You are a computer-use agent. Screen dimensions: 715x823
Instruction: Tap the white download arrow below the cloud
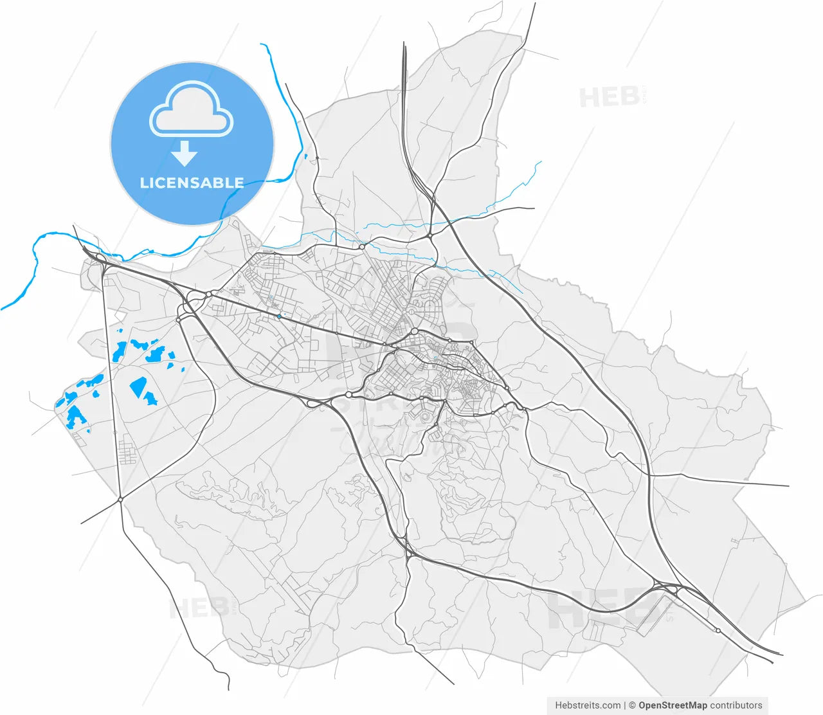[x=185, y=154]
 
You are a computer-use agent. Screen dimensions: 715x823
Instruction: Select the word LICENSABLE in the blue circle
[x=192, y=183]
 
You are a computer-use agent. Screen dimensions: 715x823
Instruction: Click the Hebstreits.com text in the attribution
[x=588, y=705]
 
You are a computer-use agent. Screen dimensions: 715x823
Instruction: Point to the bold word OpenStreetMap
[x=672, y=705]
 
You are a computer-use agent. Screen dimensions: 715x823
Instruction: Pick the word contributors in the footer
[x=736, y=705]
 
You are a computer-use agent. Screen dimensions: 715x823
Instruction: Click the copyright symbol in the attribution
[x=632, y=705]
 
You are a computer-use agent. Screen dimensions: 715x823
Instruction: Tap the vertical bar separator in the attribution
[x=625, y=705]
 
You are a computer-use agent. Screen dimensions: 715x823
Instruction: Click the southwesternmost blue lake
[x=75, y=416]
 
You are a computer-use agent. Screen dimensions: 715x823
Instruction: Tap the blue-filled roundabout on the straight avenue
[x=279, y=316]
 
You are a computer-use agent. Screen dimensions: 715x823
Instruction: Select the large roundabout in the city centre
[x=415, y=332]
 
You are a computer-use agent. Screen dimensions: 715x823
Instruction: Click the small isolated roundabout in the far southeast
[x=718, y=630]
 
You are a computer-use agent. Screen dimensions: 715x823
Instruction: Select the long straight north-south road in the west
[x=113, y=386]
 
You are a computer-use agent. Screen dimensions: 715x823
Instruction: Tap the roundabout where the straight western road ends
[x=120, y=499]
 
